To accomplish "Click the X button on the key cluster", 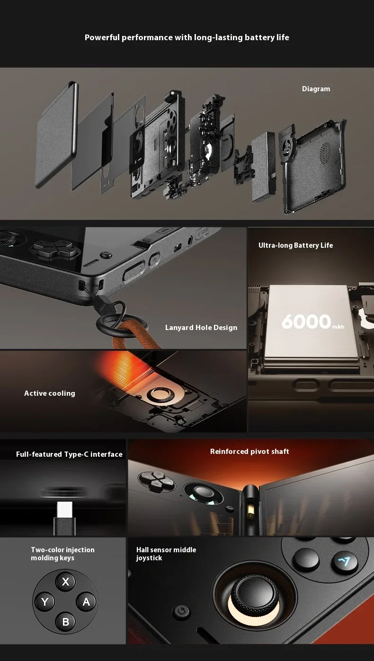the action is (65, 582).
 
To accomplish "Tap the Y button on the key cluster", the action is (45, 601).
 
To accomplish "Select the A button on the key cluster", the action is (86, 601).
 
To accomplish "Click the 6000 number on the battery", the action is (306, 322).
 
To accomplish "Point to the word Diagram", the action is (316, 89).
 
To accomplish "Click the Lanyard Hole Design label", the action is (201, 328).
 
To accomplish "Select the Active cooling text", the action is (50, 393).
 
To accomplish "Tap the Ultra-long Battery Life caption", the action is (296, 245).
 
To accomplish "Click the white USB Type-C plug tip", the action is (64, 509).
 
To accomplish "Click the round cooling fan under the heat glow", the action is (160, 394).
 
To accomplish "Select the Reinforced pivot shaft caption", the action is (249, 452).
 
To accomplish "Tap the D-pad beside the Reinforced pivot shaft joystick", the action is (157, 481).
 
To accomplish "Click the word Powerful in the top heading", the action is (102, 37).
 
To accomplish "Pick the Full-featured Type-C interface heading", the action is (69, 454).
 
